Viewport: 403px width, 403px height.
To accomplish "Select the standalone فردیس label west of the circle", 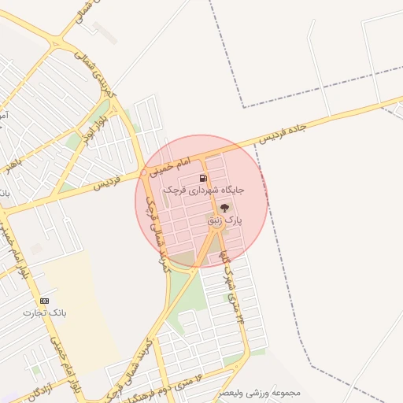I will pos(109,181).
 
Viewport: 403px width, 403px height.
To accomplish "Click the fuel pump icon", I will pos(203,179).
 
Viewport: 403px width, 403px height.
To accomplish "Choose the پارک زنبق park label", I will pos(225,222).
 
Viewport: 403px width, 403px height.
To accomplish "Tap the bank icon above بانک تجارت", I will pos(44,301).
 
